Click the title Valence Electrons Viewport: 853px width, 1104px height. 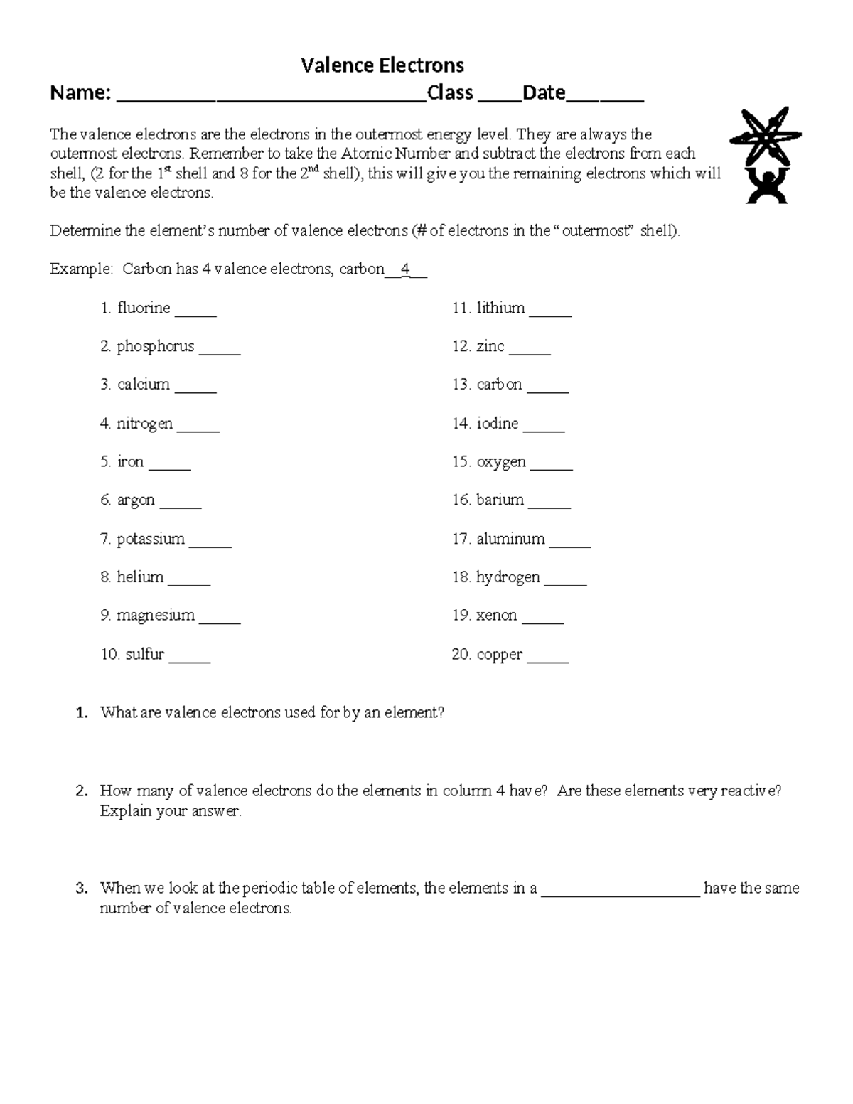click(382, 65)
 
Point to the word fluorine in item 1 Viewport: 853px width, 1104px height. click(144, 308)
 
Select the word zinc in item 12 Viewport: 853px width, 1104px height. click(490, 346)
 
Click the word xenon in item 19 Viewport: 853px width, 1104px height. click(496, 615)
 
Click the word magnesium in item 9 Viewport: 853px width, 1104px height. click(155, 616)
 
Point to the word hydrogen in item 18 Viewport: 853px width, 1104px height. click(508, 577)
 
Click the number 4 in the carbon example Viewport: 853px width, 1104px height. click(405, 269)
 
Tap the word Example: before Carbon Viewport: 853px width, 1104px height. click(81, 269)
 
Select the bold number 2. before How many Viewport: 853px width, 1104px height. click(82, 791)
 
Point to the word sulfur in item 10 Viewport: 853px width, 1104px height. click(144, 654)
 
